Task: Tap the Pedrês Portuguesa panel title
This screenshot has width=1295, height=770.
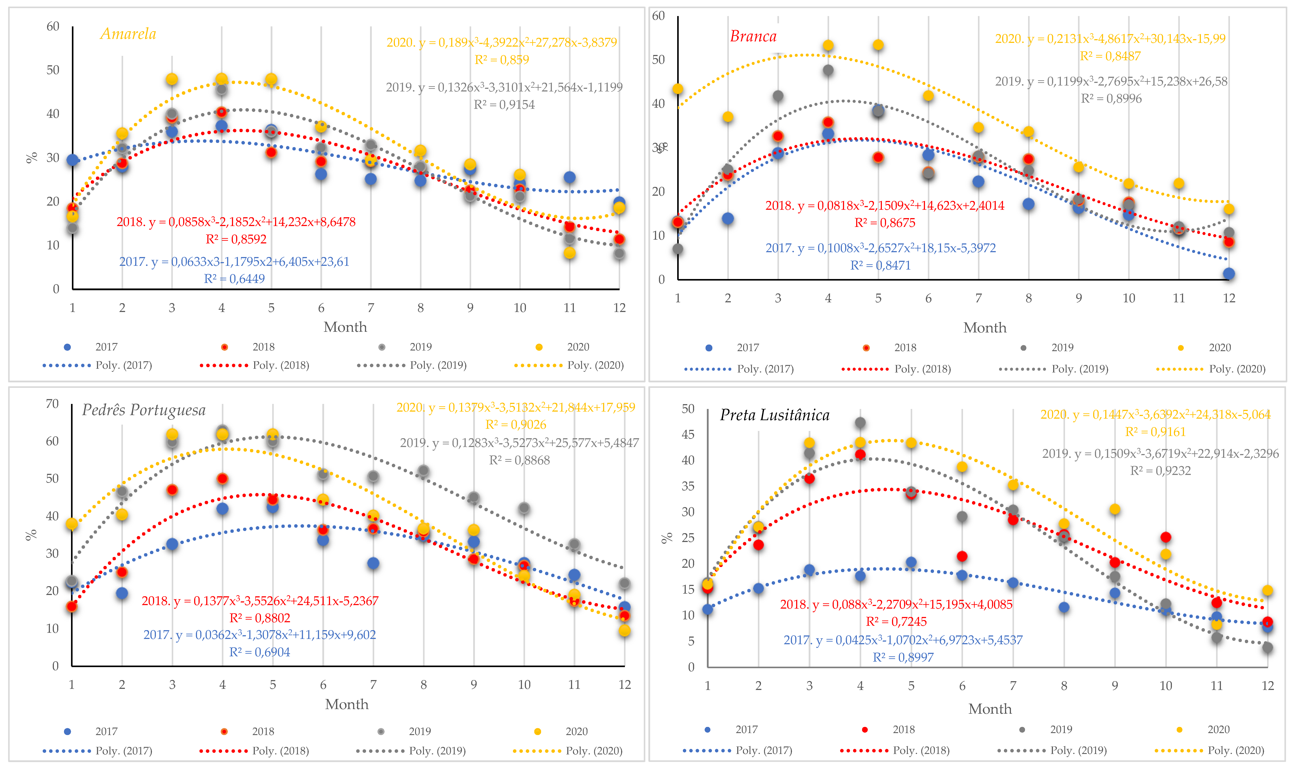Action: point(144,411)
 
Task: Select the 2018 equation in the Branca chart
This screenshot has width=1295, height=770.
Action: point(885,205)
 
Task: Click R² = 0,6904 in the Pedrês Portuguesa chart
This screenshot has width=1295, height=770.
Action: point(259,652)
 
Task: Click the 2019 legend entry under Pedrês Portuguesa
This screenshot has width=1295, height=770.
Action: point(419,731)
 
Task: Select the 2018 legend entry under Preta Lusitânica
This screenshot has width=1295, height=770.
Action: point(903,730)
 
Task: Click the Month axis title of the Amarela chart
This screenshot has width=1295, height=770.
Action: point(345,327)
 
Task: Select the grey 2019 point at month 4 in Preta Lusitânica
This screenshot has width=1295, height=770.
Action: point(860,423)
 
